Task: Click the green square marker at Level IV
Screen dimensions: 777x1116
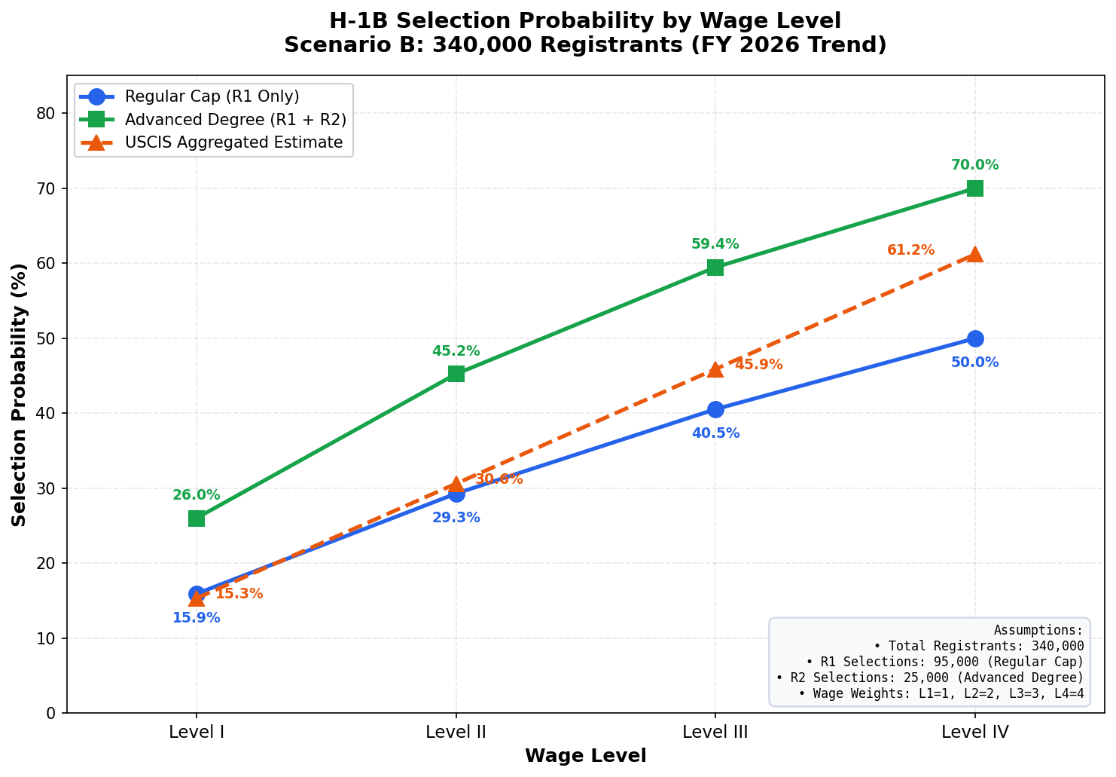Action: point(974,188)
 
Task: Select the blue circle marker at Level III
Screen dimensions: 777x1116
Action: point(715,409)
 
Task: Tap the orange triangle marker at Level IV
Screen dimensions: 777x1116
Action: point(974,254)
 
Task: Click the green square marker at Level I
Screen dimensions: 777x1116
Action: point(197,519)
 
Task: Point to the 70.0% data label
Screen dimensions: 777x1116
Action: point(974,165)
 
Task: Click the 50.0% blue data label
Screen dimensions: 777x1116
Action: point(974,362)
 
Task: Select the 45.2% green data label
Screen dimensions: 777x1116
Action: point(456,351)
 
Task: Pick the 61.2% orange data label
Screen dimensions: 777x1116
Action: point(910,250)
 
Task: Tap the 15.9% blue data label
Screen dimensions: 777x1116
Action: point(197,618)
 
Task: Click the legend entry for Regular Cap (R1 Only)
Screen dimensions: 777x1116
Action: point(212,96)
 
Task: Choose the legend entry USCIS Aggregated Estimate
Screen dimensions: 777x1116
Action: point(233,142)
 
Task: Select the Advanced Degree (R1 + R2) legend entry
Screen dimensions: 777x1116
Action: point(235,120)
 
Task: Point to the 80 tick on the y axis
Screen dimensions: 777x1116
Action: point(49,113)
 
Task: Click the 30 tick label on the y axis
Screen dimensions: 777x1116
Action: point(49,488)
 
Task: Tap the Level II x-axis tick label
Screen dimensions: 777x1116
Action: point(456,731)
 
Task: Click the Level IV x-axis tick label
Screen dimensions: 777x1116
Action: point(974,731)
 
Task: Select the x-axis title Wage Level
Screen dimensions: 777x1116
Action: point(585,756)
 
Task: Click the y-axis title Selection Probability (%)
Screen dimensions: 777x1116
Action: point(20,394)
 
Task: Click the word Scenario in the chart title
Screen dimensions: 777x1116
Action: point(330,45)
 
